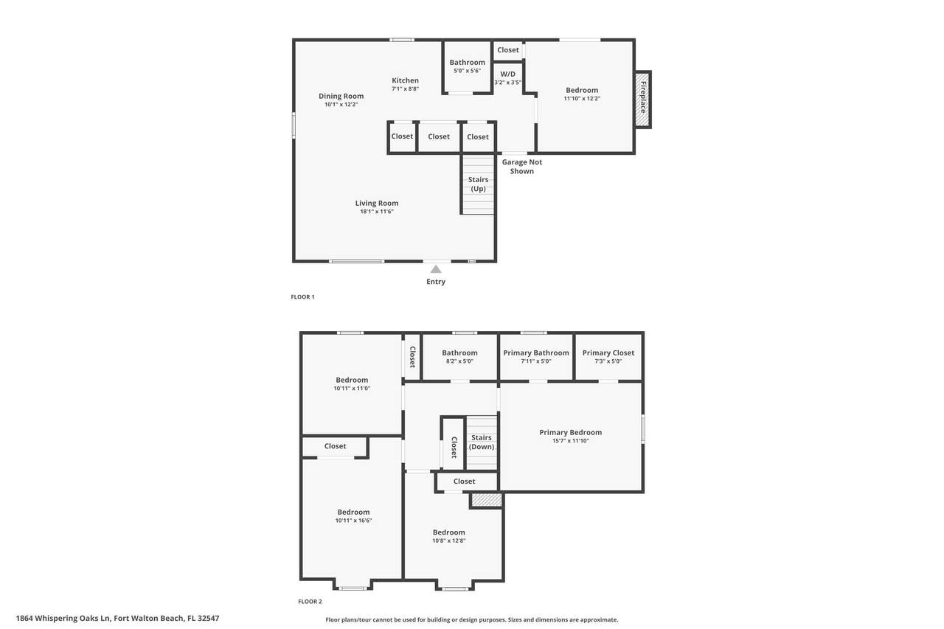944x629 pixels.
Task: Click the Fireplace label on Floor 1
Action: point(643,97)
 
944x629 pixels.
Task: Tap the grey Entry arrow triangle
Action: point(436,269)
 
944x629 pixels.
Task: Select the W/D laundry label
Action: point(507,74)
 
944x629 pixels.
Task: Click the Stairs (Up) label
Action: point(479,184)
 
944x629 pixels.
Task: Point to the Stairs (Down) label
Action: point(482,442)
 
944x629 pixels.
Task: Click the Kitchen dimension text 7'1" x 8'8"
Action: point(405,89)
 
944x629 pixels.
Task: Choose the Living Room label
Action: point(377,203)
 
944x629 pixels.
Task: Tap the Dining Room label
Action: point(341,96)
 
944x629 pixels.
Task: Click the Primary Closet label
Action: point(608,353)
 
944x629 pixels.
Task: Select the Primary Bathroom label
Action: point(536,353)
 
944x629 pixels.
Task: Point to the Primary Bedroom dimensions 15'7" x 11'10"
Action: point(571,441)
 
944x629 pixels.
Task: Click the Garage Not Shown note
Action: point(521,167)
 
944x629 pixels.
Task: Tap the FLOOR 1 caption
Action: point(302,297)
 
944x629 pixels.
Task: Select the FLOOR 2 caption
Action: point(310,602)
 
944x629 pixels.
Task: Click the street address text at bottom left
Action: point(117,618)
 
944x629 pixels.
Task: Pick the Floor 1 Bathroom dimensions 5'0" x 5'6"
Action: point(467,71)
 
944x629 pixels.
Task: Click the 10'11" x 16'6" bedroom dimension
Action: point(353,521)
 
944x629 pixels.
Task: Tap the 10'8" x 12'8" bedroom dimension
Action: point(449,541)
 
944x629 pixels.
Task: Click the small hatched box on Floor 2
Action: point(486,500)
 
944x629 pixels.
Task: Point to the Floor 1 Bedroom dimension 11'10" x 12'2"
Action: point(582,99)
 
